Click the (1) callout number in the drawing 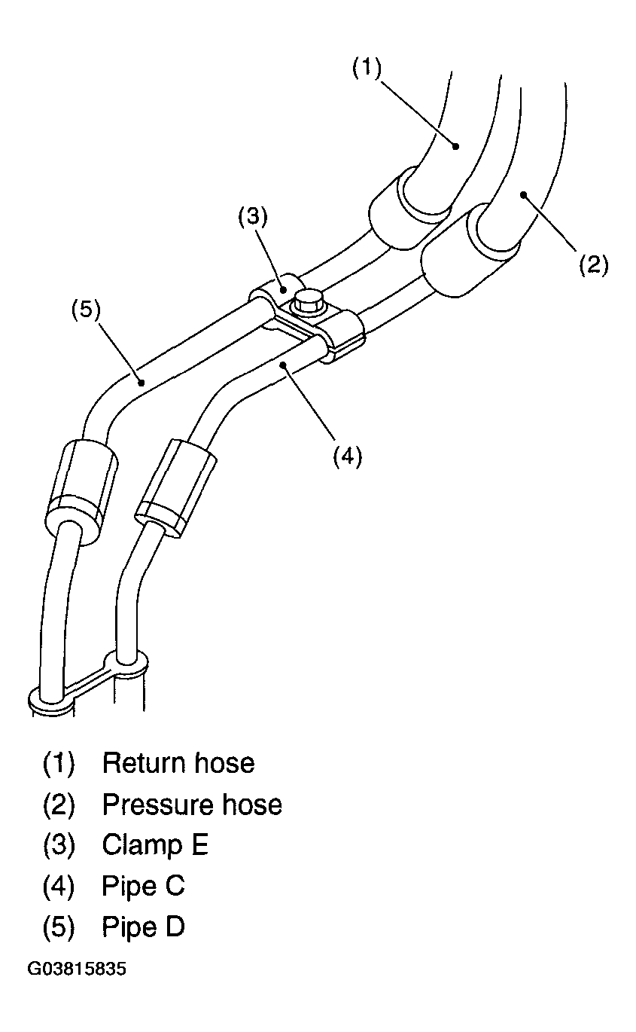[367, 69]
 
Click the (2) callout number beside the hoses [593, 265]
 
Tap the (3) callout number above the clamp [253, 216]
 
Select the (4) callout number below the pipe [348, 456]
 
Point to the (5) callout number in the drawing [86, 310]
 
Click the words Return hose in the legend [178, 763]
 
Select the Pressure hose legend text [192, 805]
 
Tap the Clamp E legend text [155, 845]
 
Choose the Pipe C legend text [143, 886]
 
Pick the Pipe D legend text [143, 927]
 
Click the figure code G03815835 [77, 969]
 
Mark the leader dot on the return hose [455, 146]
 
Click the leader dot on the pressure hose [523, 195]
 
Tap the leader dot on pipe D [142, 382]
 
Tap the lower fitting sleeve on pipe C [175, 488]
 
